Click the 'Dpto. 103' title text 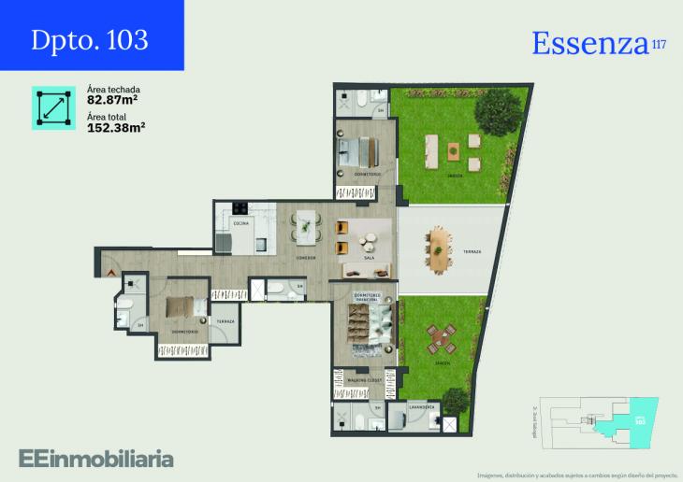tap(90, 39)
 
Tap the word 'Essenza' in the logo tap(589, 43)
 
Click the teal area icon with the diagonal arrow tap(53, 108)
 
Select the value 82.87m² tap(113, 99)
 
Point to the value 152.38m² tap(116, 128)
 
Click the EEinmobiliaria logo tap(95, 458)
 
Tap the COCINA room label tap(240, 224)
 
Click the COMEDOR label tap(305, 257)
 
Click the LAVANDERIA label tap(424, 407)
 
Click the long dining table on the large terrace tap(439, 248)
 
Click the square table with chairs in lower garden tap(440, 337)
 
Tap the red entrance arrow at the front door tap(111, 270)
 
